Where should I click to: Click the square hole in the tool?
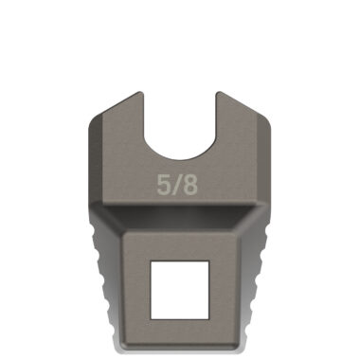(179, 288)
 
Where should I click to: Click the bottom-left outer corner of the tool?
(117, 343)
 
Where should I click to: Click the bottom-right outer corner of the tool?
(243, 343)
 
